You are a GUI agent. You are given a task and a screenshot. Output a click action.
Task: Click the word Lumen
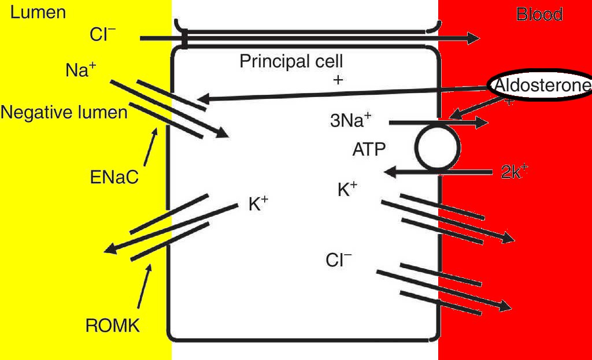coord(38,12)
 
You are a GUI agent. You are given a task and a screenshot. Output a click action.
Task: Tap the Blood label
coord(539,14)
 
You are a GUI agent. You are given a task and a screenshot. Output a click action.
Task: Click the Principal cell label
coord(291,61)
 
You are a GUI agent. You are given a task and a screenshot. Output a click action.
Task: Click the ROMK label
coord(113,325)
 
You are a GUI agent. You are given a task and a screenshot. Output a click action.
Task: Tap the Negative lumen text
coord(64,112)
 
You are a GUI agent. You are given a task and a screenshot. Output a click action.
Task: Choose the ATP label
coord(369,150)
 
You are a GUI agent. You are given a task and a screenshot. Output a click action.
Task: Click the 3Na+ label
coord(350,120)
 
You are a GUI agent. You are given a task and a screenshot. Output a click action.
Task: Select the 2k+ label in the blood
coord(514,172)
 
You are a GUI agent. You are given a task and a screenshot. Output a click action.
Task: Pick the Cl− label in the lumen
coord(103,35)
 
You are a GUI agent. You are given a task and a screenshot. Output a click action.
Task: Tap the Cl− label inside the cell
coord(338,260)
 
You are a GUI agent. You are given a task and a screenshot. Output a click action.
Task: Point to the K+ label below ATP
coord(347,190)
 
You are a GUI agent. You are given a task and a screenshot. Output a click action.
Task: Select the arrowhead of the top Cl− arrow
coord(472,38)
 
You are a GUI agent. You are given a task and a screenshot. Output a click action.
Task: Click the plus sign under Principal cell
coord(338,80)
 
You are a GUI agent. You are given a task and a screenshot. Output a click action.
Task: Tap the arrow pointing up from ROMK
coord(145,285)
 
